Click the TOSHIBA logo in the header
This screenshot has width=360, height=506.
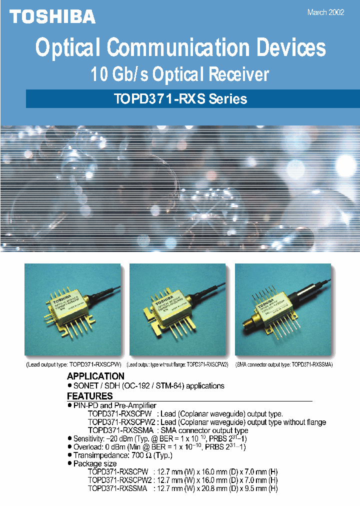pyautogui.click(x=52, y=16)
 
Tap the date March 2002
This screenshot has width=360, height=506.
pyautogui.click(x=325, y=13)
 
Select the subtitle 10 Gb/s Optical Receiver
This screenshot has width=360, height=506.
pyautogui.click(x=179, y=74)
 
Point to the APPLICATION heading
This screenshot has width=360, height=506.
pyautogui.click(x=95, y=376)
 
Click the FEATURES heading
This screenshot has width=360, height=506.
pyautogui.click(x=89, y=396)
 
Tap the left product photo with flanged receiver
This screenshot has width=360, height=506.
pyautogui.click(x=73, y=309)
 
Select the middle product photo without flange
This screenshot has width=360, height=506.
pyautogui.click(x=178, y=309)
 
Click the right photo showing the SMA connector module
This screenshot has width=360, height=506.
pyautogui.click(x=283, y=309)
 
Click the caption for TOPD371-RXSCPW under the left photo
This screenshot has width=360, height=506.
pyautogui.click(x=73, y=365)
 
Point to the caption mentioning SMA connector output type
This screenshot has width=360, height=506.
pyautogui.click(x=283, y=365)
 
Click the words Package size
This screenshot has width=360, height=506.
pyautogui.click(x=95, y=464)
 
